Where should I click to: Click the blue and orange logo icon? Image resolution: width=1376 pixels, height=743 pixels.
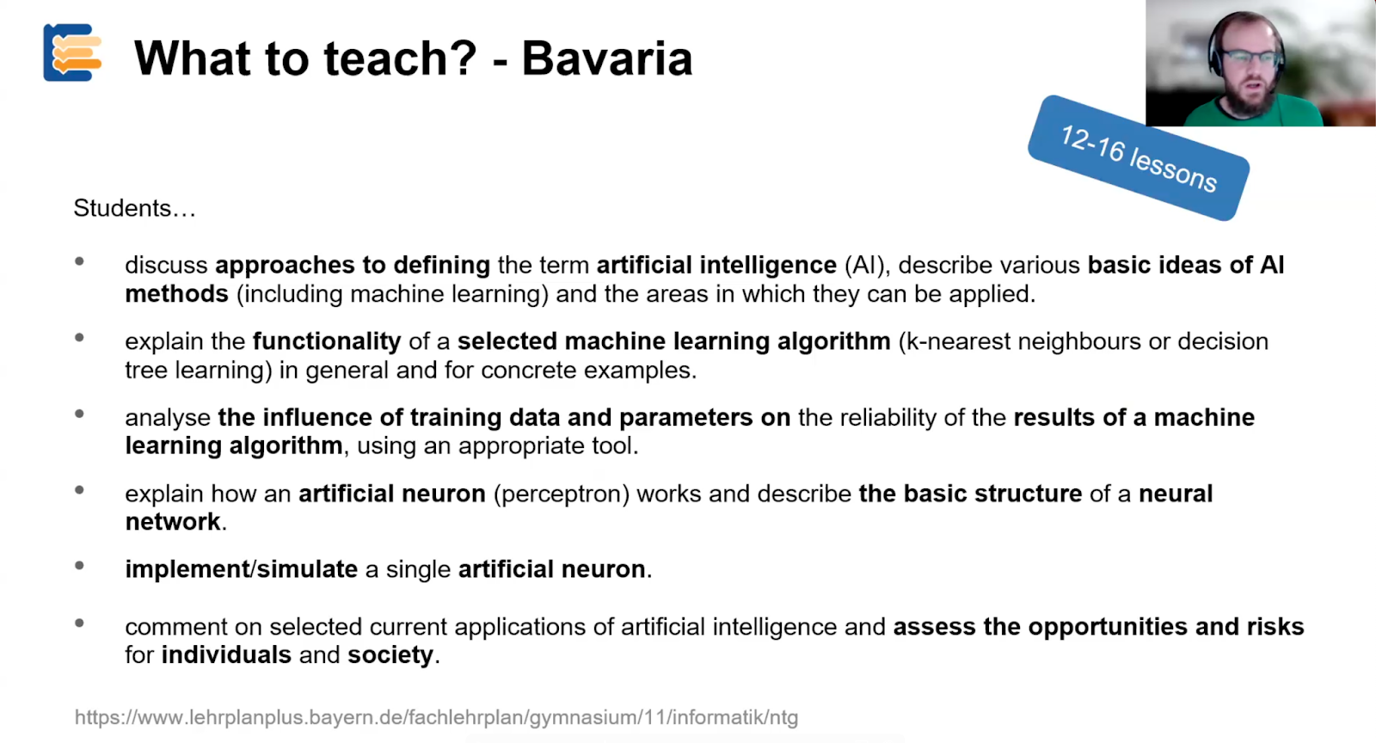click(x=72, y=52)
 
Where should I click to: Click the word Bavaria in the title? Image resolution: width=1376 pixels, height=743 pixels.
click(x=607, y=59)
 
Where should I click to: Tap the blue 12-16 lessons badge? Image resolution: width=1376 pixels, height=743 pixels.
click(x=1139, y=158)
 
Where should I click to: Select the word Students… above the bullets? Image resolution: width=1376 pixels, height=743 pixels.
click(x=134, y=208)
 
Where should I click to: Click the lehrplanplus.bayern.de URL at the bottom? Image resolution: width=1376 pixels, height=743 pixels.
click(x=436, y=717)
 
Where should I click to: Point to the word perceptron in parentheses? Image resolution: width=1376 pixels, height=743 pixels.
click(x=562, y=494)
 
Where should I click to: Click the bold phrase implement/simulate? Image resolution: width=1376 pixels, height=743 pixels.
click(x=242, y=569)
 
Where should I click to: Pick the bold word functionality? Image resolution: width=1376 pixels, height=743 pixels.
click(x=327, y=341)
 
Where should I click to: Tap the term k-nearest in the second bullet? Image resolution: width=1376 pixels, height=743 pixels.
click(x=958, y=341)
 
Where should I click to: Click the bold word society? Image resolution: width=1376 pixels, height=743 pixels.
click(x=390, y=654)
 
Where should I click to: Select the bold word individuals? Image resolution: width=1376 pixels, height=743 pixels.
click(x=226, y=654)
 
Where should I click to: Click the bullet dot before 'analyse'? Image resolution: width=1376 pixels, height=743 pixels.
click(x=79, y=414)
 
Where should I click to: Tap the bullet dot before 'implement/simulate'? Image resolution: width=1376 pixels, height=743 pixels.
click(x=79, y=566)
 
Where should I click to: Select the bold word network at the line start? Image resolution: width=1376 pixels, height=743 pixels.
click(x=173, y=522)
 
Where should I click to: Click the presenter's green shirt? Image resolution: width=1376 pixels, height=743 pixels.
click(x=1253, y=113)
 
